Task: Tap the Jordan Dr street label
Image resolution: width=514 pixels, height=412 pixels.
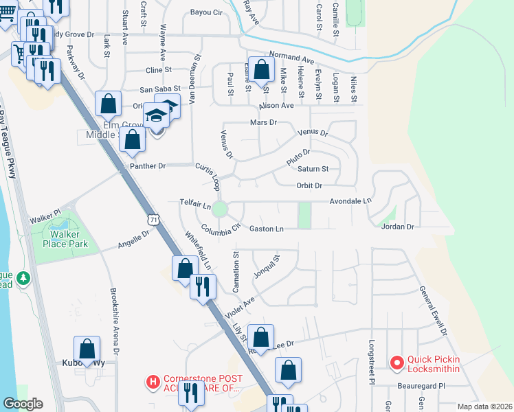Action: [399, 227]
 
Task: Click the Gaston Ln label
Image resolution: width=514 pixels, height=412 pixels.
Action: [266, 228]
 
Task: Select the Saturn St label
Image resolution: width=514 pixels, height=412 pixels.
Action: [313, 168]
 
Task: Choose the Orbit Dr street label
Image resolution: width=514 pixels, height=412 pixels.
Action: [309, 185]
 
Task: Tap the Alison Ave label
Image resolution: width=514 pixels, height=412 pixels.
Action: [276, 106]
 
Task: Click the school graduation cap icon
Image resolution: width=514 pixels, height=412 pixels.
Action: [157, 115]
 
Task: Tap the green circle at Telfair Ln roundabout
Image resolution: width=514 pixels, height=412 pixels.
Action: [220, 209]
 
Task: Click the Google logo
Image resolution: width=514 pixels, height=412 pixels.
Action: [23, 404]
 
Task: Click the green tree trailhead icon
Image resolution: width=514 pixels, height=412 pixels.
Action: [24, 278]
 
